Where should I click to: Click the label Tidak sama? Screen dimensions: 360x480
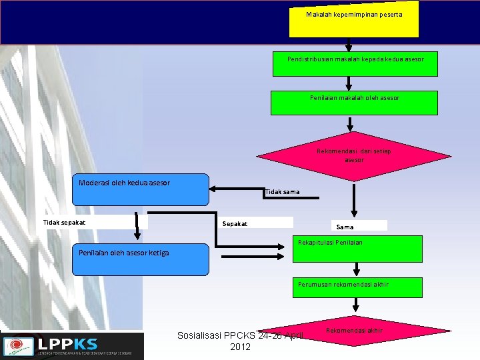tap(282, 192)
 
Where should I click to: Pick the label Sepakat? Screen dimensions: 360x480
tap(235, 223)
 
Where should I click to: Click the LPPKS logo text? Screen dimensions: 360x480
tap(67, 344)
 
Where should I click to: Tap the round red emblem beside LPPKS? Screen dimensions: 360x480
tap(17, 346)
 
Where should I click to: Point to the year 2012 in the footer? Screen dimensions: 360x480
tap(240, 347)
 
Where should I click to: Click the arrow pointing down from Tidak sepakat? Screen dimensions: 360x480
tap(137, 227)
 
